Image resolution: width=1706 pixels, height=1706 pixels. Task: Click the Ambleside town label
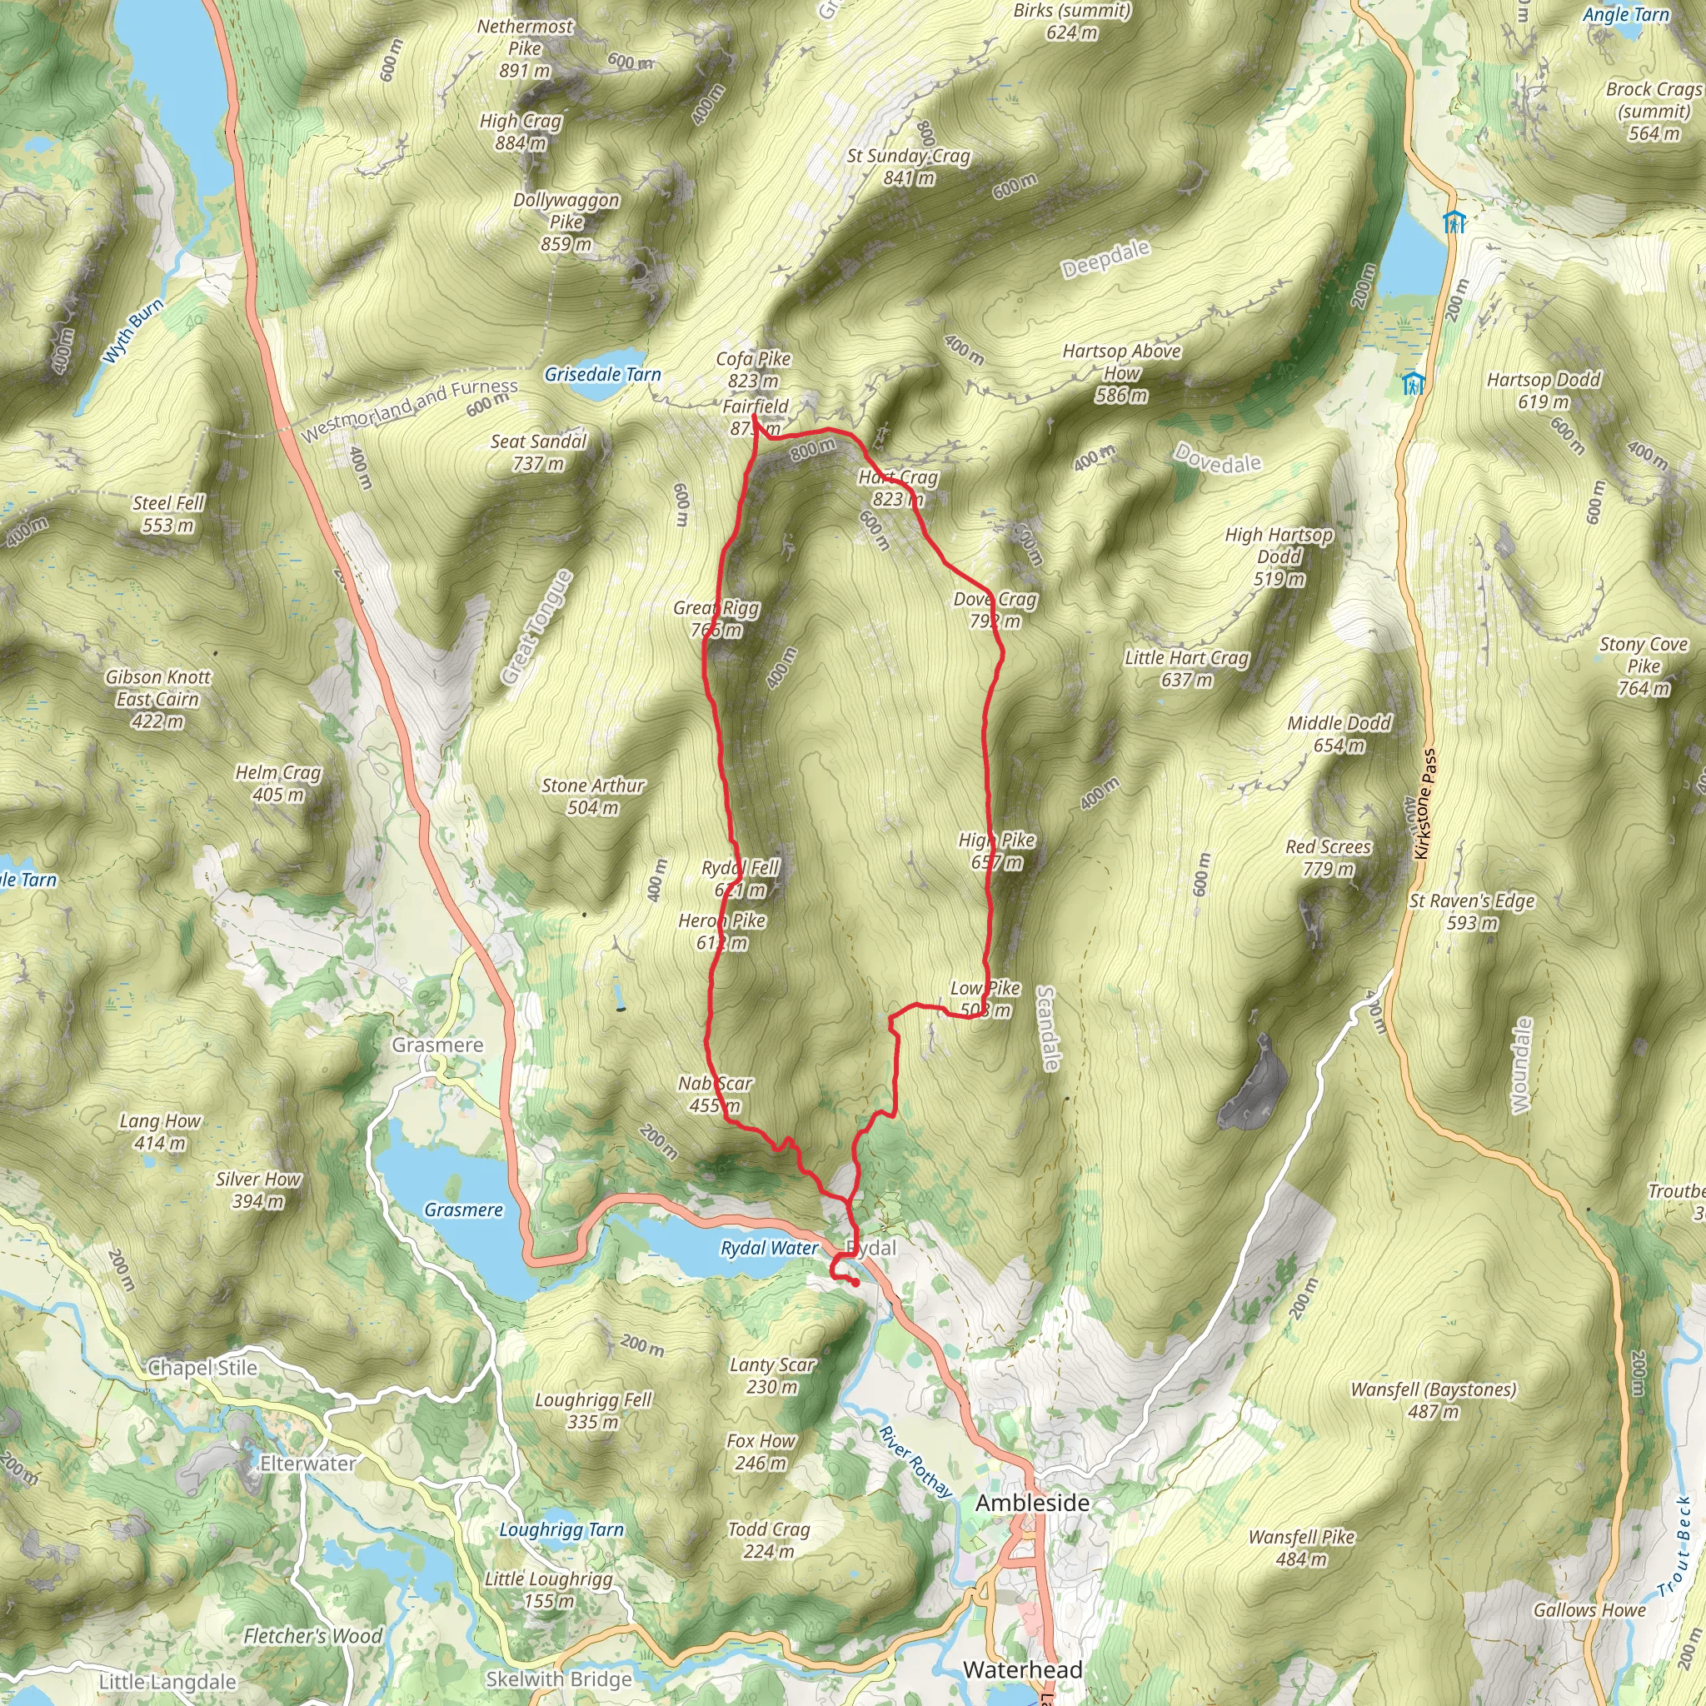(x=1031, y=1503)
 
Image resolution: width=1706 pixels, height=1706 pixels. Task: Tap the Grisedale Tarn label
(x=602, y=374)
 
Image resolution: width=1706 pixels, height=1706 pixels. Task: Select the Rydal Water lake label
(x=769, y=1248)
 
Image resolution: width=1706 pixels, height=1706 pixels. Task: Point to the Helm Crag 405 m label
(x=278, y=783)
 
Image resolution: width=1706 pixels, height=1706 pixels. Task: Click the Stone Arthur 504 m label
(x=592, y=796)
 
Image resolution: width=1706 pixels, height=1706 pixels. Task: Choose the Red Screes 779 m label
(x=1328, y=857)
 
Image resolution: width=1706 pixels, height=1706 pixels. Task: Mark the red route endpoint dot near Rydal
(x=855, y=1283)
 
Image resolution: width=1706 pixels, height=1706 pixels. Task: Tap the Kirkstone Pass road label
(x=1424, y=805)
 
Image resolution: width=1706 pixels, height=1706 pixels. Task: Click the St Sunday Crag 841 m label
(x=909, y=167)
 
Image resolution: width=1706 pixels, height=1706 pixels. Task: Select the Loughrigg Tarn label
(x=561, y=1530)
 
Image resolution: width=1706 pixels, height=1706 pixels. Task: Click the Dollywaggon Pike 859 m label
(x=566, y=222)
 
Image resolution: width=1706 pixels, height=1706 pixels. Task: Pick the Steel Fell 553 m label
(x=167, y=514)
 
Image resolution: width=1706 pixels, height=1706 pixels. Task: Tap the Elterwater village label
(x=307, y=1464)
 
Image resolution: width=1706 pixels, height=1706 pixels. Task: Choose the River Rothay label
(x=915, y=1461)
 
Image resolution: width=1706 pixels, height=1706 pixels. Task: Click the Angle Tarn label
(x=1626, y=15)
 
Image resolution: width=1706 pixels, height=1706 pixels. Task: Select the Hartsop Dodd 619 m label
(x=1544, y=391)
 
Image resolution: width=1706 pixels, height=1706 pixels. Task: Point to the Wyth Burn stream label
(x=133, y=332)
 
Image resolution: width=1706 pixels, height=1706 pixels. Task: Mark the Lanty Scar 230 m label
(x=771, y=1376)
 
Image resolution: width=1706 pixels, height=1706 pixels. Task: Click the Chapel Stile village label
(x=202, y=1368)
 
